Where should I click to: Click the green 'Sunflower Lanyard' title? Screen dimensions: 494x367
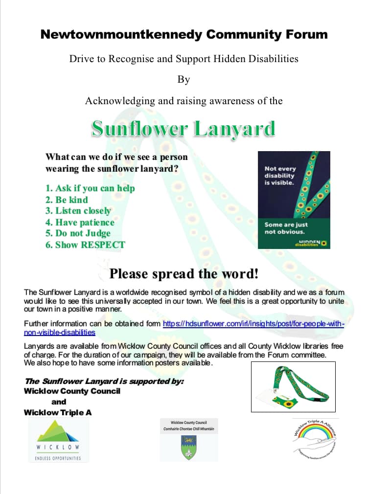183,129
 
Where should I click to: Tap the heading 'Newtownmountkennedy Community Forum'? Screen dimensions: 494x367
183,35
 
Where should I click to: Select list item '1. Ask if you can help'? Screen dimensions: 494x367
90,188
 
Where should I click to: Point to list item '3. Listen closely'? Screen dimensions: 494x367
78,211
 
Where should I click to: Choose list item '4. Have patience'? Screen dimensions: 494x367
80,222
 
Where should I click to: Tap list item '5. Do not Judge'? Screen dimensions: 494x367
78,233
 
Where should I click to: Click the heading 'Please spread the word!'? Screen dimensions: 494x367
183,273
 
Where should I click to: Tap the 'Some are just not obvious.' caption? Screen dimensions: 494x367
286,228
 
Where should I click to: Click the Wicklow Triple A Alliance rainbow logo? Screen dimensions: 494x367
315,438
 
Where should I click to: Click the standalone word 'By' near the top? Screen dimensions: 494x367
183,79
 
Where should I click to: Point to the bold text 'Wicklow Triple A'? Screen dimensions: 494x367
58,412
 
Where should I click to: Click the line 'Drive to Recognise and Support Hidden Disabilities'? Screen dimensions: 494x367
183,59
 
